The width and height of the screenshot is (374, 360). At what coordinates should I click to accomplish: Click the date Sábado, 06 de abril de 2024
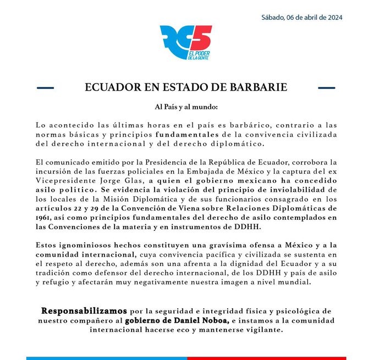[x=302, y=17]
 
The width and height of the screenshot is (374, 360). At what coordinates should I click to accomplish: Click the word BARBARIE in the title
[x=257, y=87]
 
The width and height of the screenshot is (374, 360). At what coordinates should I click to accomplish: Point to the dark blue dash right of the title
[x=327, y=87]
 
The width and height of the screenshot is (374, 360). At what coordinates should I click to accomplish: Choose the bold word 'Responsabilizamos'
[x=84, y=311]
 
